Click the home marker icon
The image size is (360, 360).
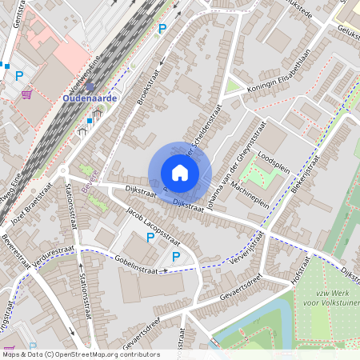[180, 173]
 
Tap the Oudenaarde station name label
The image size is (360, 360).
[90, 98]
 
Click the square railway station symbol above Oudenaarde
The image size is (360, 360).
[90, 86]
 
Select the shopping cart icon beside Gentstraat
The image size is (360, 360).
[26, 94]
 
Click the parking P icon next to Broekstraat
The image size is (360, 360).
[162, 29]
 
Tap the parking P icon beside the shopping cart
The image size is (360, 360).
[20, 77]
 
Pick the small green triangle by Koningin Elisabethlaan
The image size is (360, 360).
[233, 86]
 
